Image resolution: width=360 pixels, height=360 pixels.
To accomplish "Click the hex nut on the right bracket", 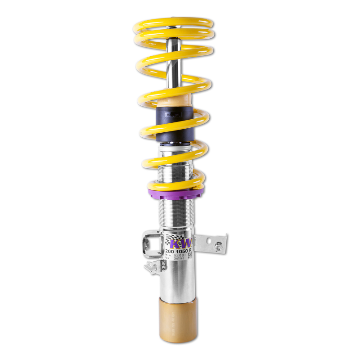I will pyautogui.click(x=218, y=246).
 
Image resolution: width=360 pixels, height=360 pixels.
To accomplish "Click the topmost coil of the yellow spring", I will pyautogui.click(x=174, y=23).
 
